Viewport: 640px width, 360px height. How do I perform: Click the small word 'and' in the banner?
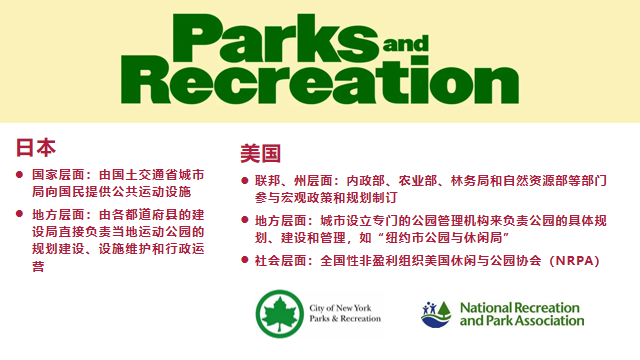coord(406,44)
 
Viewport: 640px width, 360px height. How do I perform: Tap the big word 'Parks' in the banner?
coord(276,38)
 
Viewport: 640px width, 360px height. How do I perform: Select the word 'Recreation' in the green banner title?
coord(320,80)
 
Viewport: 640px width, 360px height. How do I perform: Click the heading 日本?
coord(36,147)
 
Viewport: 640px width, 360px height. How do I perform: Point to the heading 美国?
coord(260,153)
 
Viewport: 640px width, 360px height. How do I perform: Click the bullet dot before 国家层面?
coord(19,175)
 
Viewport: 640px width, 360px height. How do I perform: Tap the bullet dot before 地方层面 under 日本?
coord(19,214)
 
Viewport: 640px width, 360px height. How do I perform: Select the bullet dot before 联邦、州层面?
coord(245,180)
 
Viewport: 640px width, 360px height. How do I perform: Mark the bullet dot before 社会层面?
coord(245,260)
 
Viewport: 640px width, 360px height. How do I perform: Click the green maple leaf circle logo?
coord(280,313)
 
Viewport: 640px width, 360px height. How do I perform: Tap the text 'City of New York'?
coord(340,308)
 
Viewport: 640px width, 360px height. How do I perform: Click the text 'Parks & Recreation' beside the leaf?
coord(345,318)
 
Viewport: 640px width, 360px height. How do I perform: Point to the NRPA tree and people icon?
coord(436,315)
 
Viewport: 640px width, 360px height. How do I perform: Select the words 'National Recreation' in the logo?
coord(520,307)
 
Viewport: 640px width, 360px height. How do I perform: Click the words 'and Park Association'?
coord(522,321)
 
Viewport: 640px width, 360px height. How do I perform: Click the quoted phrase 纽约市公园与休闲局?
coord(444,238)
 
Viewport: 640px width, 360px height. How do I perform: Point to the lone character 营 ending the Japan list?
coord(38,266)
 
